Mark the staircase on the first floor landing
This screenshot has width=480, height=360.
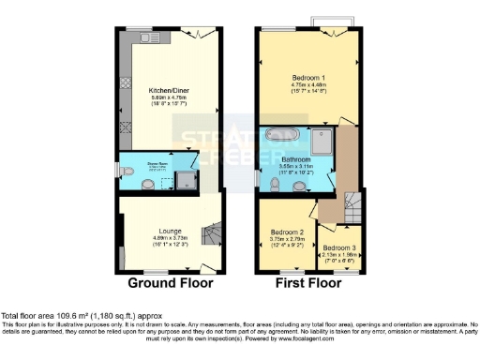[x=353, y=202]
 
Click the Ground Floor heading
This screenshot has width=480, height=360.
[x=171, y=282]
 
